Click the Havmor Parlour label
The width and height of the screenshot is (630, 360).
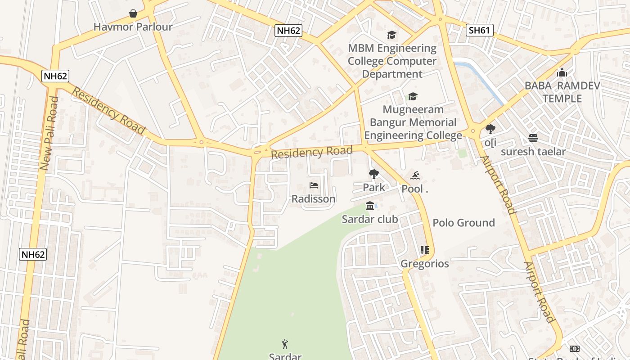[133, 27]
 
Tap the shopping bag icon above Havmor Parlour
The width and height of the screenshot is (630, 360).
[133, 13]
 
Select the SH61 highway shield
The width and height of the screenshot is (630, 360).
[479, 30]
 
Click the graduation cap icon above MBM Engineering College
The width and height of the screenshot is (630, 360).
[391, 35]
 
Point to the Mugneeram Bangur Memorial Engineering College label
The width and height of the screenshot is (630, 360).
[413, 122]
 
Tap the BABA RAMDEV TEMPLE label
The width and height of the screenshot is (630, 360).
[562, 92]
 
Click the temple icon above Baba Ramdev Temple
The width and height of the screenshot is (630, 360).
[562, 72]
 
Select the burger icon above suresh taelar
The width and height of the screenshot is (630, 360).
[533, 138]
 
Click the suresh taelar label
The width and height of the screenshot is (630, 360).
[533, 152]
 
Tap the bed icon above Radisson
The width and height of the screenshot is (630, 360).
[314, 185]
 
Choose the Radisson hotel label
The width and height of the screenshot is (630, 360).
[314, 199]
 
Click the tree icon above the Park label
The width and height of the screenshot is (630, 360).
[373, 174]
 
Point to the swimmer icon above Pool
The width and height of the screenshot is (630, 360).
[415, 175]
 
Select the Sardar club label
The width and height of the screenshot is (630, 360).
[370, 219]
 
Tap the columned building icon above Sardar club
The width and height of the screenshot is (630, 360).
[370, 206]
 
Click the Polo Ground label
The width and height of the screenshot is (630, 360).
[463, 223]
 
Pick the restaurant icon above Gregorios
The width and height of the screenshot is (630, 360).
[425, 250]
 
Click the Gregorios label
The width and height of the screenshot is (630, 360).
[425, 264]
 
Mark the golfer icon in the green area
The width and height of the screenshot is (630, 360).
[285, 345]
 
